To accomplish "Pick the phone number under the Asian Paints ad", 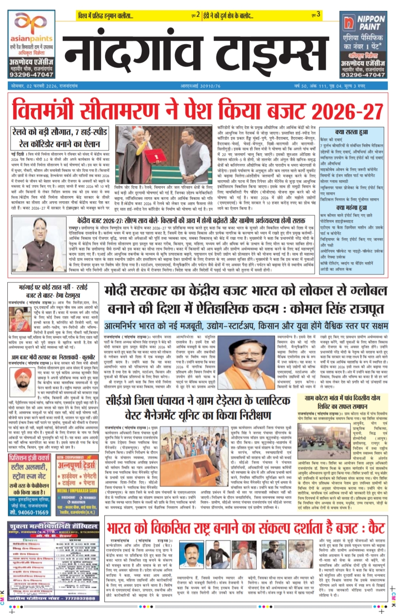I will click(31, 75).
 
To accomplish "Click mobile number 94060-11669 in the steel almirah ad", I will click(29, 512).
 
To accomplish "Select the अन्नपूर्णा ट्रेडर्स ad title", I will click(77, 465).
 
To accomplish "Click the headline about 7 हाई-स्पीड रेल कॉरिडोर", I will click(59, 138).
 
